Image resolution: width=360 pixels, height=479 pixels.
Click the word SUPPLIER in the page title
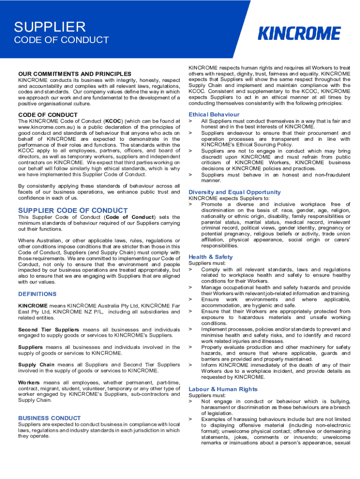click(x=50, y=27)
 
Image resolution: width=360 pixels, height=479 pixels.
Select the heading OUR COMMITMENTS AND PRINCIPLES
click(x=75, y=74)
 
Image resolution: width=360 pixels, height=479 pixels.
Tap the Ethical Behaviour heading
click(x=214, y=115)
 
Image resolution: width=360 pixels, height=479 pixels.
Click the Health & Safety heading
click(x=210, y=257)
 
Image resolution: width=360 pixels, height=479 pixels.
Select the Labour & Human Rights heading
click(x=223, y=389)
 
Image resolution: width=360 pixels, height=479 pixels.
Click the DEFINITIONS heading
click(x=37, y=294)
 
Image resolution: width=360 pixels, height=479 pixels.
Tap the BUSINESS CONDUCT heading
click(x=50, y=418)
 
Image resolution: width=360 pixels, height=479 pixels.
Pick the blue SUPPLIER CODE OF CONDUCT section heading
click(x=66, y=210)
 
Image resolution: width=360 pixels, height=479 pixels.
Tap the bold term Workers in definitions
click(x=29, y=382)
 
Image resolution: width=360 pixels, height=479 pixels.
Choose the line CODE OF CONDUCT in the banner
click(x=62, y=40)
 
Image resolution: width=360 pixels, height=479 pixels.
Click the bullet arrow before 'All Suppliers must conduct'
click(x=190, y=121)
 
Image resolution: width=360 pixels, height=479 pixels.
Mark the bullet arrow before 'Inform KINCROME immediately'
click(x=190, y=365)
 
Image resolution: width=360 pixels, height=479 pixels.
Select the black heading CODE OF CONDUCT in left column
click(x=48, y=115)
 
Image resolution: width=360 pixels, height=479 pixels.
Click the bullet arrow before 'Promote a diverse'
click(x=190, y=204)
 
